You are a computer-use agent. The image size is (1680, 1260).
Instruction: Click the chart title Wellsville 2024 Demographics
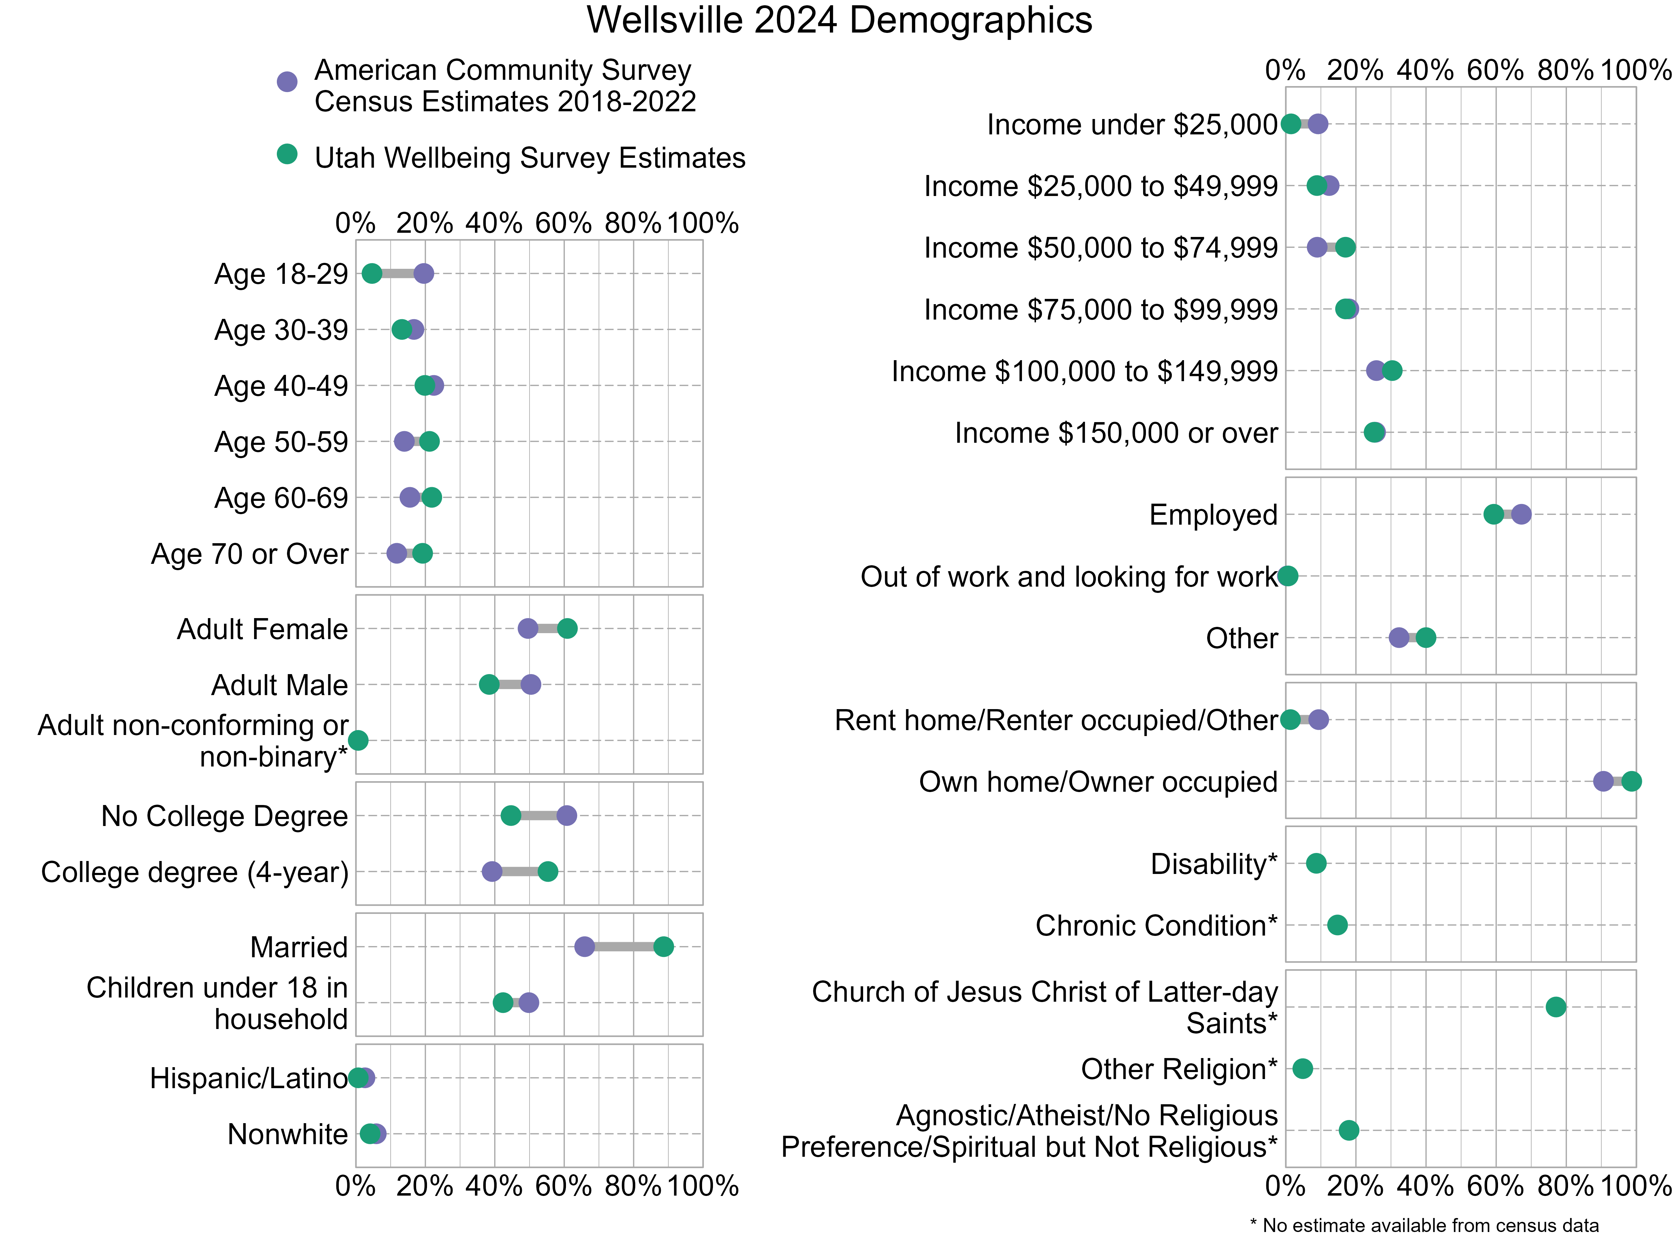pos(839,21)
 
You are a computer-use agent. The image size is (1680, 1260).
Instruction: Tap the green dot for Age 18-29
pos(371,273)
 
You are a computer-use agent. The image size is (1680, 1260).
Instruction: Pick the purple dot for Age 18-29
pos(424,273)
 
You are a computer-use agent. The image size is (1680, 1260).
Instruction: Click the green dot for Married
pos(663,946)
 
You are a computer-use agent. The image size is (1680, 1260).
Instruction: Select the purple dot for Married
pos(584,946)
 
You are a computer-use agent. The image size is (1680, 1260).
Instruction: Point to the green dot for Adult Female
pos(567,628)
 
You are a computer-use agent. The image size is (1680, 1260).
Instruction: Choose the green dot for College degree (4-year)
pos(548,871)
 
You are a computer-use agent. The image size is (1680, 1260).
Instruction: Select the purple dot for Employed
pos(1520,514)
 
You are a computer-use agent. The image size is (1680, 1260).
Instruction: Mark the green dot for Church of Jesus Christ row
pos(1555,1007)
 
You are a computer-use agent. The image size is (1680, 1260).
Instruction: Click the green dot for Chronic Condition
pos(1337,925)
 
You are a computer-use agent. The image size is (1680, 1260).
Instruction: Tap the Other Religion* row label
pos(1179,1069)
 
